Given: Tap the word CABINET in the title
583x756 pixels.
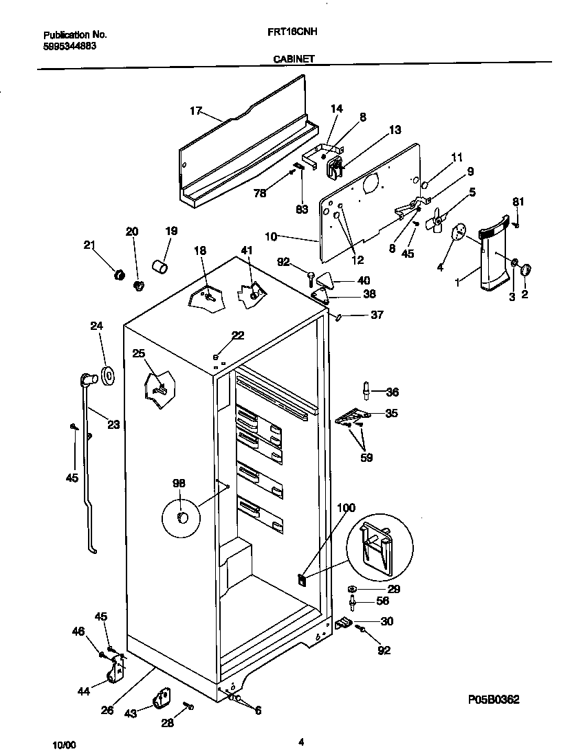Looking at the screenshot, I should [x=293, y=59].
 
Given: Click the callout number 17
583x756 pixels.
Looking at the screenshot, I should [x=195, y=110].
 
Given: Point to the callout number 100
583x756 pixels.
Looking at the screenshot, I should [x=346, y=508].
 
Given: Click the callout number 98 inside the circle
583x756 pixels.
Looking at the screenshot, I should [x=179, y=484].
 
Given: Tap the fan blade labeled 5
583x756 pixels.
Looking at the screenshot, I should [x=433, y=221].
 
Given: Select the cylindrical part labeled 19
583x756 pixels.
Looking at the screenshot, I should [x=159, y=265].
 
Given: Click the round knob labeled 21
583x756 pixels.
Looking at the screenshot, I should [x=118, y=275].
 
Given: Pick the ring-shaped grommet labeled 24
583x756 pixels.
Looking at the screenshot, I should [x=107, y=376].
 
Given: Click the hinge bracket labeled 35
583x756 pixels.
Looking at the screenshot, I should [x=353, y=416].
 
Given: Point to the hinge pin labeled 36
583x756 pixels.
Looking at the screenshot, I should [x=367, y=392].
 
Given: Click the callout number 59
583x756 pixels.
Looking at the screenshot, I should [x=367, y=457].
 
